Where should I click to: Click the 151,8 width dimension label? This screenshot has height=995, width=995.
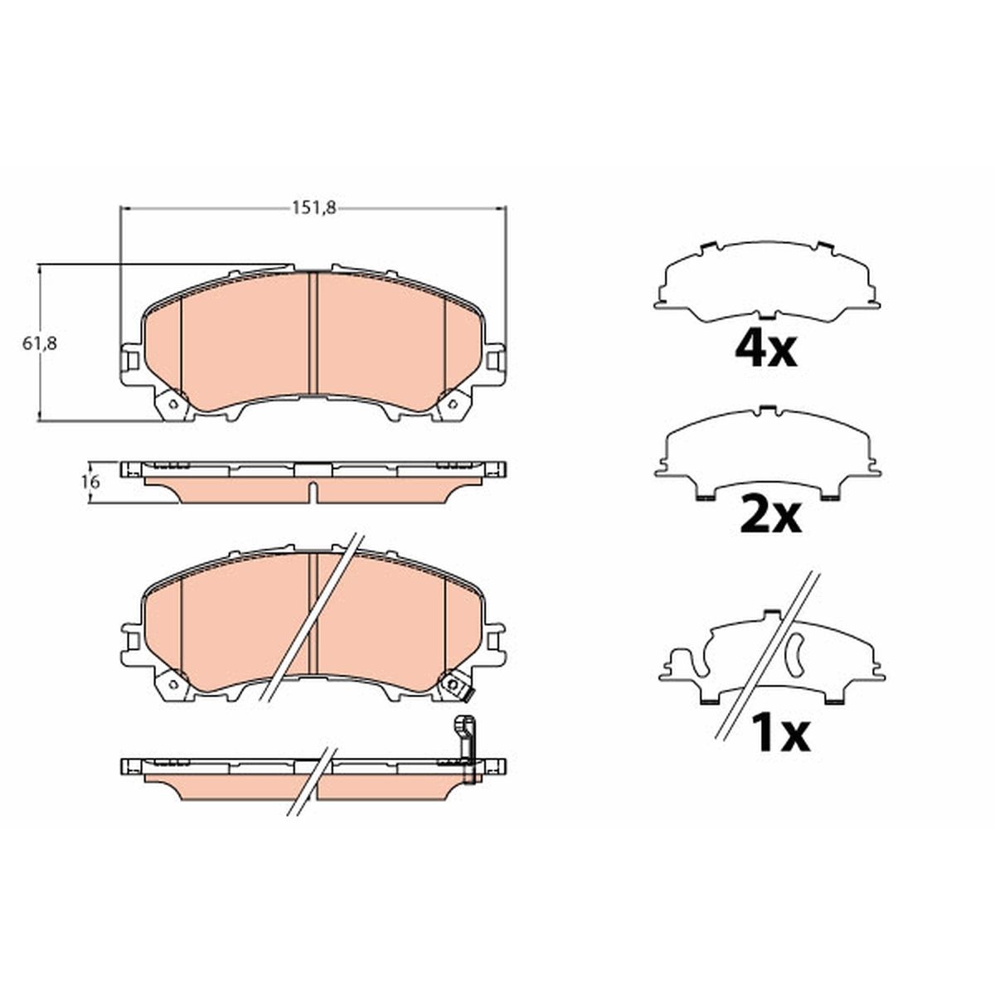coord(314,207)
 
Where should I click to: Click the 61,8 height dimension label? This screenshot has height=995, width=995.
coord(40,343)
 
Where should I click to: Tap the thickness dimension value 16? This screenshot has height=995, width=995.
coord(90,482)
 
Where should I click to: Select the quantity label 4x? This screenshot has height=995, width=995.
coord(766,350)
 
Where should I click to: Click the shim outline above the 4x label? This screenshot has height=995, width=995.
coord(767,283)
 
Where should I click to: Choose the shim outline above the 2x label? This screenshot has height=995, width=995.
coord(768,454)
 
